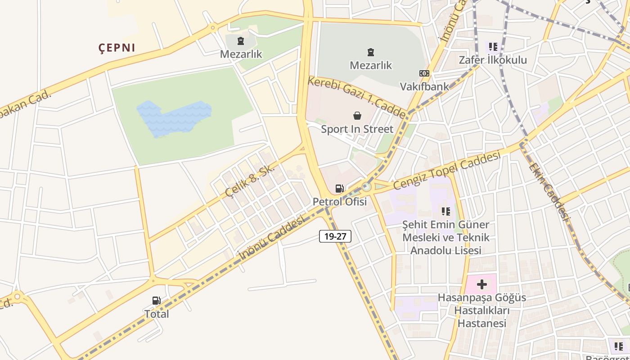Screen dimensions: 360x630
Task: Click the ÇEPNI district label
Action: coord(117,48)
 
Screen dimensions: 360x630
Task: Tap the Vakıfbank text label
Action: coord(424,86)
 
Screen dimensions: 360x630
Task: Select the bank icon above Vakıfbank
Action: coord(424,73)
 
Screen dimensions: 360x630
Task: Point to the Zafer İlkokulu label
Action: coord(493,60)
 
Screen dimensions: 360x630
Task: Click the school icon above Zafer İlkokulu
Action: coord(493,46)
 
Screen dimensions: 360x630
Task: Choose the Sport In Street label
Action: coord(357,129)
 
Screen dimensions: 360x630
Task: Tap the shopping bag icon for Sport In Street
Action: coord(357,116)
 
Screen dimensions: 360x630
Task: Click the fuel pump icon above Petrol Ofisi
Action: coord(340,189)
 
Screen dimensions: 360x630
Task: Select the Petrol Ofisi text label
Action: coord(340,202)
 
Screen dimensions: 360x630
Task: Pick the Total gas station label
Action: coord(157,314)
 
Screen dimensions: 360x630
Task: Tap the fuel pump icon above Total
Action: coord(157,301)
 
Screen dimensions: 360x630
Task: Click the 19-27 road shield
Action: coord(335,236)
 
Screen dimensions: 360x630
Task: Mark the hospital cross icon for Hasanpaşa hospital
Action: coord(482,284)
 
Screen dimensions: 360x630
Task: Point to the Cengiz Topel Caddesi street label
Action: coord(447,171)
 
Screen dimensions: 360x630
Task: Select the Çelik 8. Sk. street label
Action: coord(250,180)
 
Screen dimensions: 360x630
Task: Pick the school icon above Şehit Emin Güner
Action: coord(446,211)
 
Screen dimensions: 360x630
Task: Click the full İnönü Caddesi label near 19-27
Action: coord(272,237)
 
